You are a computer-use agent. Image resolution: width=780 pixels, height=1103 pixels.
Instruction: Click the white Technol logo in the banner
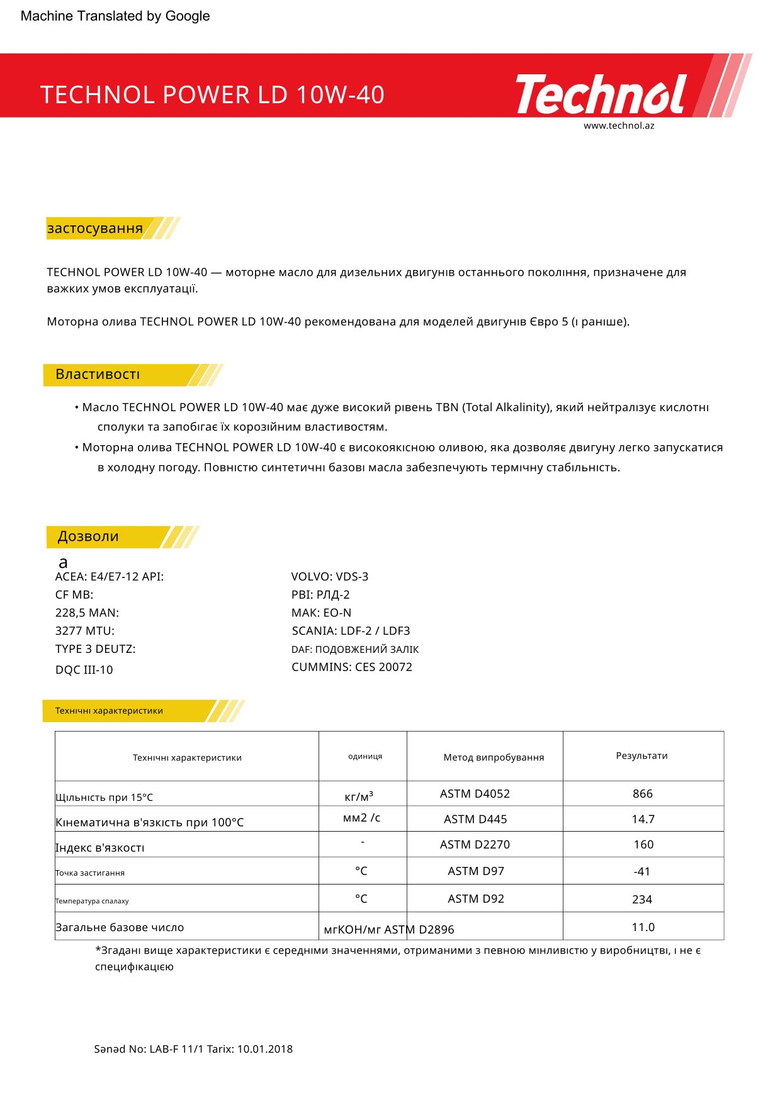click(601, 94)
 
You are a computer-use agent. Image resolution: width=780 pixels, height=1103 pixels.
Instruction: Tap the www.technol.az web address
click(619, 125)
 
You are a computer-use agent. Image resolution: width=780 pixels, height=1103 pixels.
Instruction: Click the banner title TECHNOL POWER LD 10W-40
click(212, 95)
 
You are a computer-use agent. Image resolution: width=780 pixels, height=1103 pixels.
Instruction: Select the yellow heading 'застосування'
click(95, 228)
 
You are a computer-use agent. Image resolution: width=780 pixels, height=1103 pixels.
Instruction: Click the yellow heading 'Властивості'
click(98, 375)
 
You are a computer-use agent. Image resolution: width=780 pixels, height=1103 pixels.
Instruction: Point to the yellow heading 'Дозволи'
click(88, 536)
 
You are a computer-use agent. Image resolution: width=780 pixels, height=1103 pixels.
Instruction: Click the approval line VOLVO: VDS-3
click(330, 577)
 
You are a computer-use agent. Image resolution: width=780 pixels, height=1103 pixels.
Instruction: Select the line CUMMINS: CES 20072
click(352, 667)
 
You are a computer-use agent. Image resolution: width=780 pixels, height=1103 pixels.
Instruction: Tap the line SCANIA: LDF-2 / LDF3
click(351, 631)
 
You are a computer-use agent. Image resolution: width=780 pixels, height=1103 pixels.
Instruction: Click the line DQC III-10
click(84, 670)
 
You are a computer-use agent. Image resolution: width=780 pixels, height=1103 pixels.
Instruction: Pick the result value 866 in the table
click(642, 794)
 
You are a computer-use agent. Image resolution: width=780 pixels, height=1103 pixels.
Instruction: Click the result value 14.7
click(643, 819)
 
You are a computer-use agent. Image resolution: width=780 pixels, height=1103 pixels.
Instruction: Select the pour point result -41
click(642, 871)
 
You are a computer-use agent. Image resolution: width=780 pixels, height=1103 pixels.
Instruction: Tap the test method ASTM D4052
click(475, 794)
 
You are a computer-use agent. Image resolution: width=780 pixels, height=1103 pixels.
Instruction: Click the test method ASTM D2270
click(475, 844)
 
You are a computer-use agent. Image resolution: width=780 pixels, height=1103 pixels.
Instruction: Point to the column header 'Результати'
click(642, 755)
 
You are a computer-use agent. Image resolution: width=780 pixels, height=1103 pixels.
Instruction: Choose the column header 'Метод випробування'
click(494, 757)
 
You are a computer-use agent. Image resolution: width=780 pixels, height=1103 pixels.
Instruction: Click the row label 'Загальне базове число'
click(120, 927)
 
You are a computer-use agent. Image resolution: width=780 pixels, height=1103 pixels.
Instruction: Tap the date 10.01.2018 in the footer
click(264, 1049)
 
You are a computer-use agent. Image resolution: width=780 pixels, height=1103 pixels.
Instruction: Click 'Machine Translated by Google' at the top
click(115, 16)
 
